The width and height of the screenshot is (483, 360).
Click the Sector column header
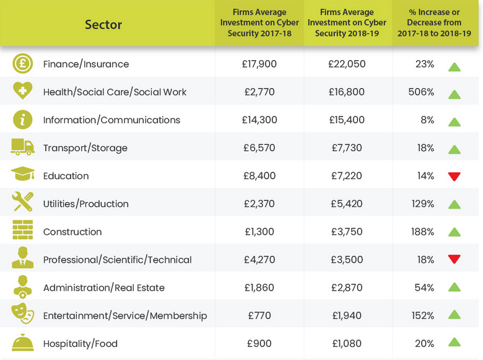pos(103,25)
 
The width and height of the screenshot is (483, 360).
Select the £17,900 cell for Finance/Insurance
pos(259,64)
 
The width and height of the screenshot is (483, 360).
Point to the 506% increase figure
pos(422,92)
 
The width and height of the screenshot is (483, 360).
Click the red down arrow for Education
pos(455,177)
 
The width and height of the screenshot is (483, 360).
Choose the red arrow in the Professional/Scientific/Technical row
pos(455,260)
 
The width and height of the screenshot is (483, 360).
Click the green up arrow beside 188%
pos(455,232)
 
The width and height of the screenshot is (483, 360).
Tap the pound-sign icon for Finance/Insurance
pos(22,64)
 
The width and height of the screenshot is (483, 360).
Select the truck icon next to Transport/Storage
pos(22,147)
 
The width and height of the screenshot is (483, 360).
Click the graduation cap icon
pos(22,175)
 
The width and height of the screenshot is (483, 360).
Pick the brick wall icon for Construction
pos(22,230)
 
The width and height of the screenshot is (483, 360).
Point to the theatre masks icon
pos(22,315)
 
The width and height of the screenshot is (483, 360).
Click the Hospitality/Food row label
pos(80,343)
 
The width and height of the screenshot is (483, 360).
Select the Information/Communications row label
pos(111,120)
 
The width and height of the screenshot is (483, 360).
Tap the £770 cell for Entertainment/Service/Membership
pos(259,315)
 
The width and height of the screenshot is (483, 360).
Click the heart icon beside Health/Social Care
pos(22,91)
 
